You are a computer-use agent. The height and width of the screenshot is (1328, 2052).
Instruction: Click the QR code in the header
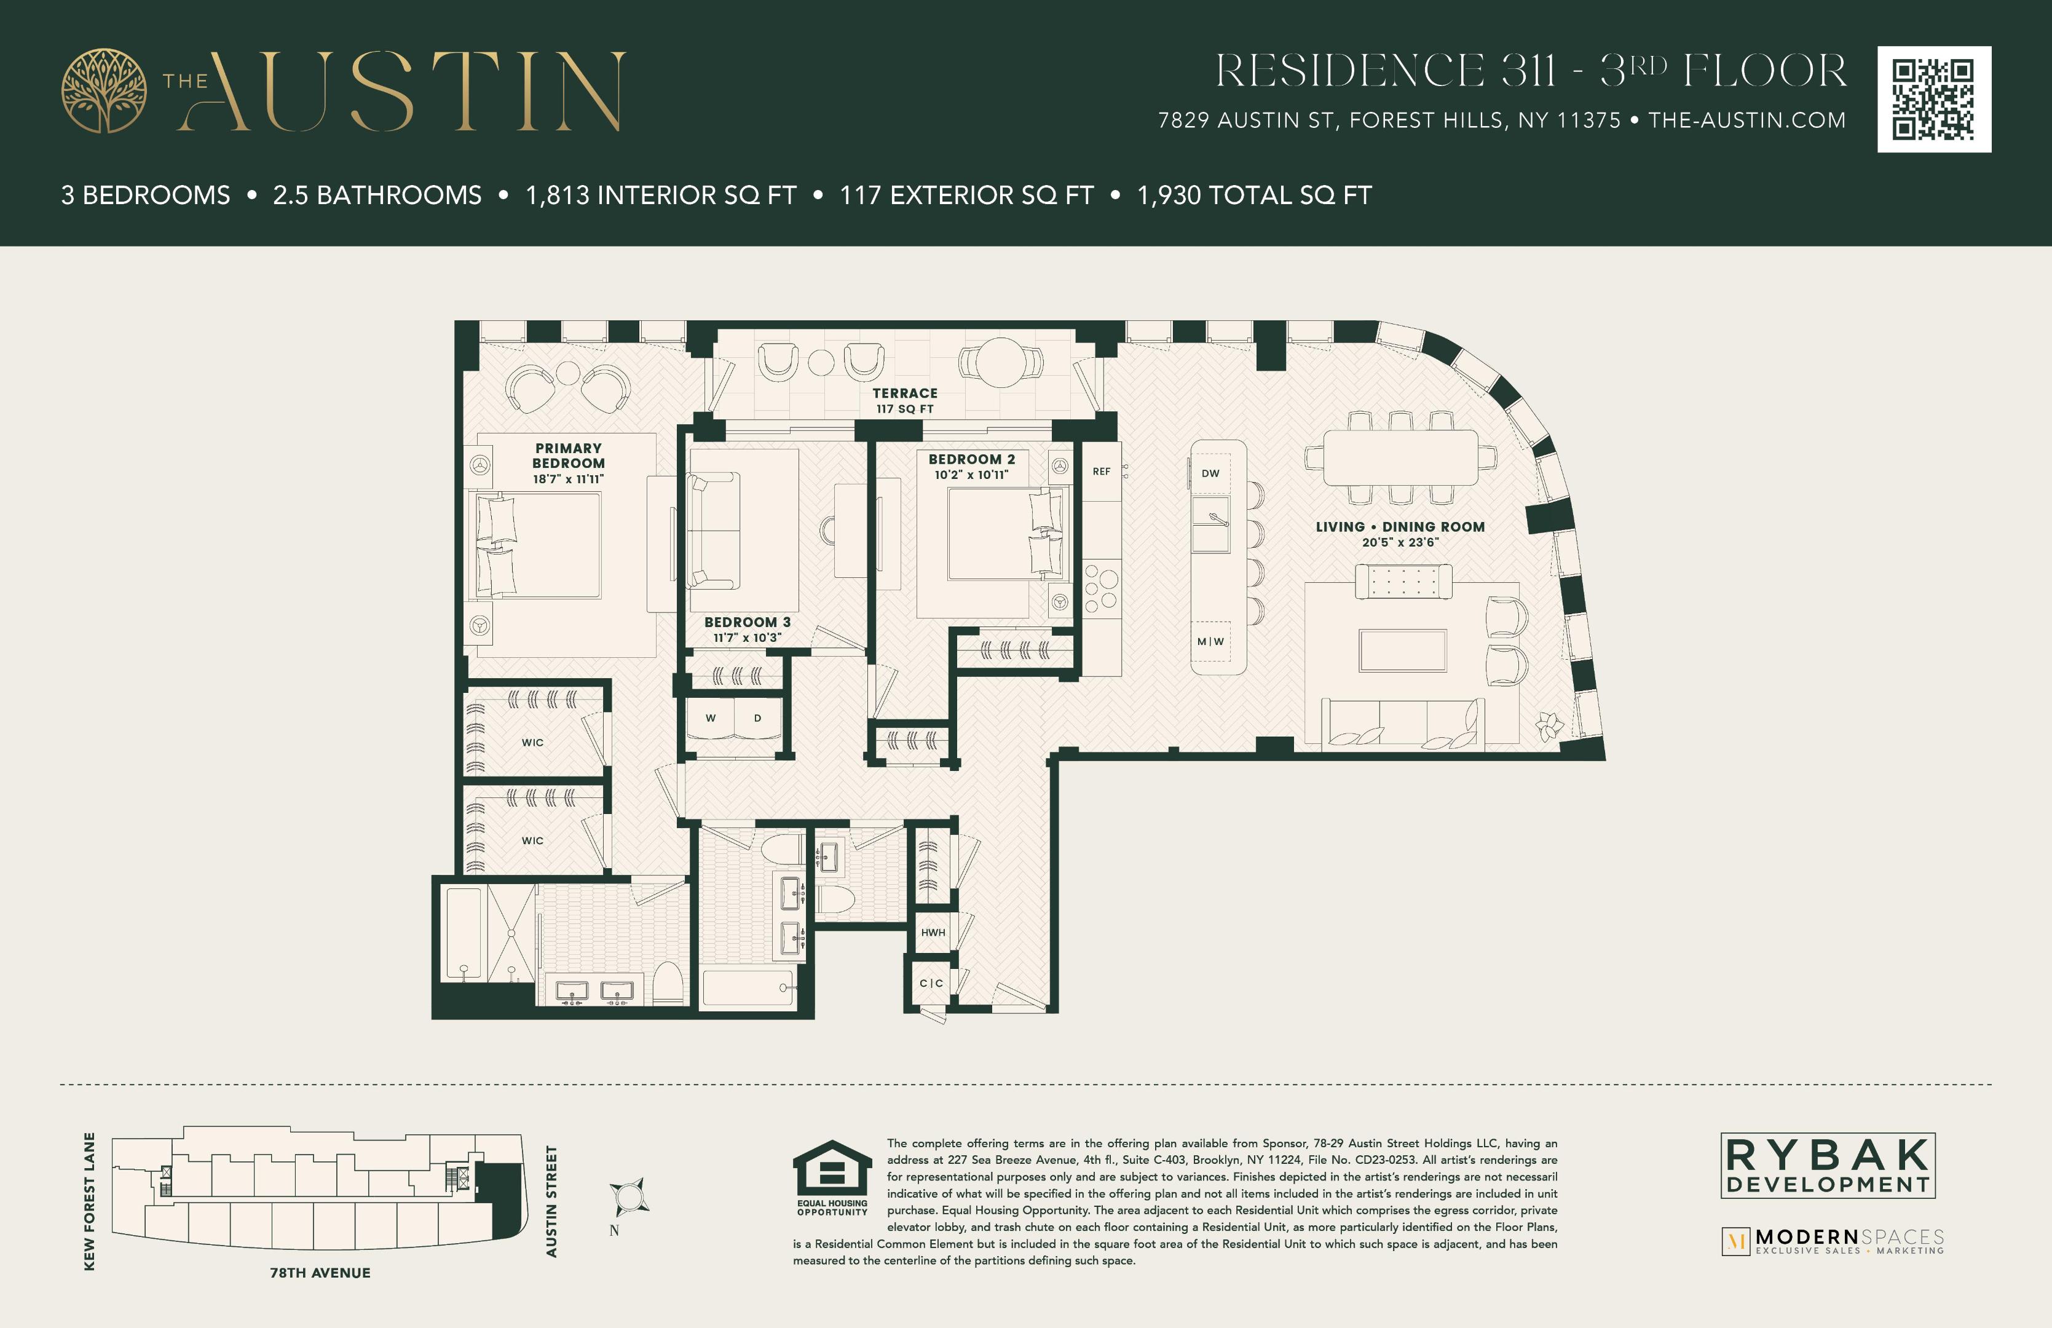click(x=1934, y=99)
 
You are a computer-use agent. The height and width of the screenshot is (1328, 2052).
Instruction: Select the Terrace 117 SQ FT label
click(x=904, y=400)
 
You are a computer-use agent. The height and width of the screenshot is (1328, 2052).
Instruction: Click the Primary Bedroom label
click(x=568, y=456)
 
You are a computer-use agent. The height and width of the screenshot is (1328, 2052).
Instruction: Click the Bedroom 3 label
click(x=747, y=622)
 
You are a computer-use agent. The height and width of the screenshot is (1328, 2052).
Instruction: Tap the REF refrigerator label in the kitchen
click(x=1101, y=472)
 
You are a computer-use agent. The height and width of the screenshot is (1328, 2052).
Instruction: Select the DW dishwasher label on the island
click(x=1210, y=473)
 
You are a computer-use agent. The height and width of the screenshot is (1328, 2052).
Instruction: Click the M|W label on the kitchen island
click(x=1210, y=642)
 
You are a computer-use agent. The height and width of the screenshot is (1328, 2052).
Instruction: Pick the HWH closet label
click(x=933, y=932)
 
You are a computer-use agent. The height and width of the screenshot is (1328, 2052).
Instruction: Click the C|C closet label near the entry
click(x=931, y=983)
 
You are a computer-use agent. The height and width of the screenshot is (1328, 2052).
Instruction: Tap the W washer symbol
click(x=711, y=718)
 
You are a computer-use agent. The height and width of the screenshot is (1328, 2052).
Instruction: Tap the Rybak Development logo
click(x=1828, y=1165)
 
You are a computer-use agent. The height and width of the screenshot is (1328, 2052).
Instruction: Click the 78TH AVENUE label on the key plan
click(x=320, y=1273)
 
